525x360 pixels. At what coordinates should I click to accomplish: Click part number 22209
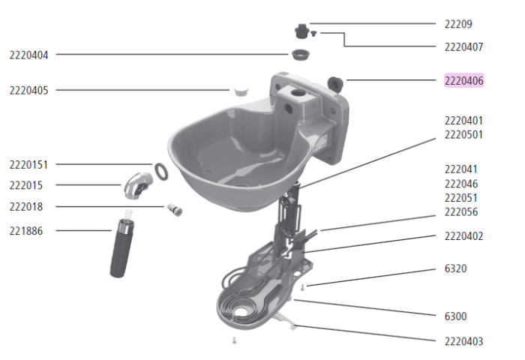pos(458,24)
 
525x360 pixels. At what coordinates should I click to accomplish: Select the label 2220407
pos(463,46)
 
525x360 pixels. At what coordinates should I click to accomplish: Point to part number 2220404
pos(28,55)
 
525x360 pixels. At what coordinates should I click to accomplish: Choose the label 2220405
pos(28,90)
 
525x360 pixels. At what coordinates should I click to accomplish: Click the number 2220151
pos(28,164)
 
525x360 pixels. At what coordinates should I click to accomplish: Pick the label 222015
pos(25,184)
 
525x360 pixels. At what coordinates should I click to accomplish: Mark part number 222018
pos(25,206)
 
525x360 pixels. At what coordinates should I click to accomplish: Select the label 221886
pos(25,231)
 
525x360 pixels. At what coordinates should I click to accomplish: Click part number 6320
pos(455,268)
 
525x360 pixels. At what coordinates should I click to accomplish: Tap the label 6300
pos(455,316)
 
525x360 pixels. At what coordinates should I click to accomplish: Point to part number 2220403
pos(463,341)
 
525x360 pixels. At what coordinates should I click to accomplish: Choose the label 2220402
pos(463,236)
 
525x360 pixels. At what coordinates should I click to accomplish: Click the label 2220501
pos(463,135)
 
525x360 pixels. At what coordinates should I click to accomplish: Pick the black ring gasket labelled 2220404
pos(301,55)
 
